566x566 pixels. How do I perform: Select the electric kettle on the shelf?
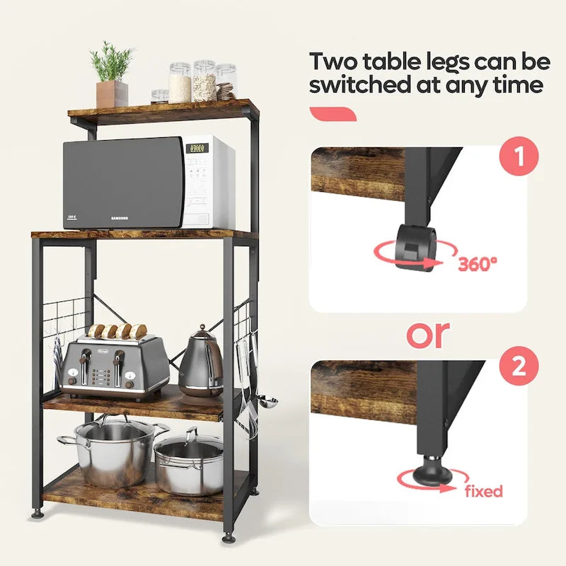(x=201, y=362)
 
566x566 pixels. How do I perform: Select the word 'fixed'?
(x=484, y=491)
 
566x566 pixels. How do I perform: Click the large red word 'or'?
(x=427, y=334)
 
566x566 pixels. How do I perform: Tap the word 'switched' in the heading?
(x=368, y=86)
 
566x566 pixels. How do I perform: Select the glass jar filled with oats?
(x=204, y=81)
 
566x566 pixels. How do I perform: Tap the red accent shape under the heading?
(x=333, y=114)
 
